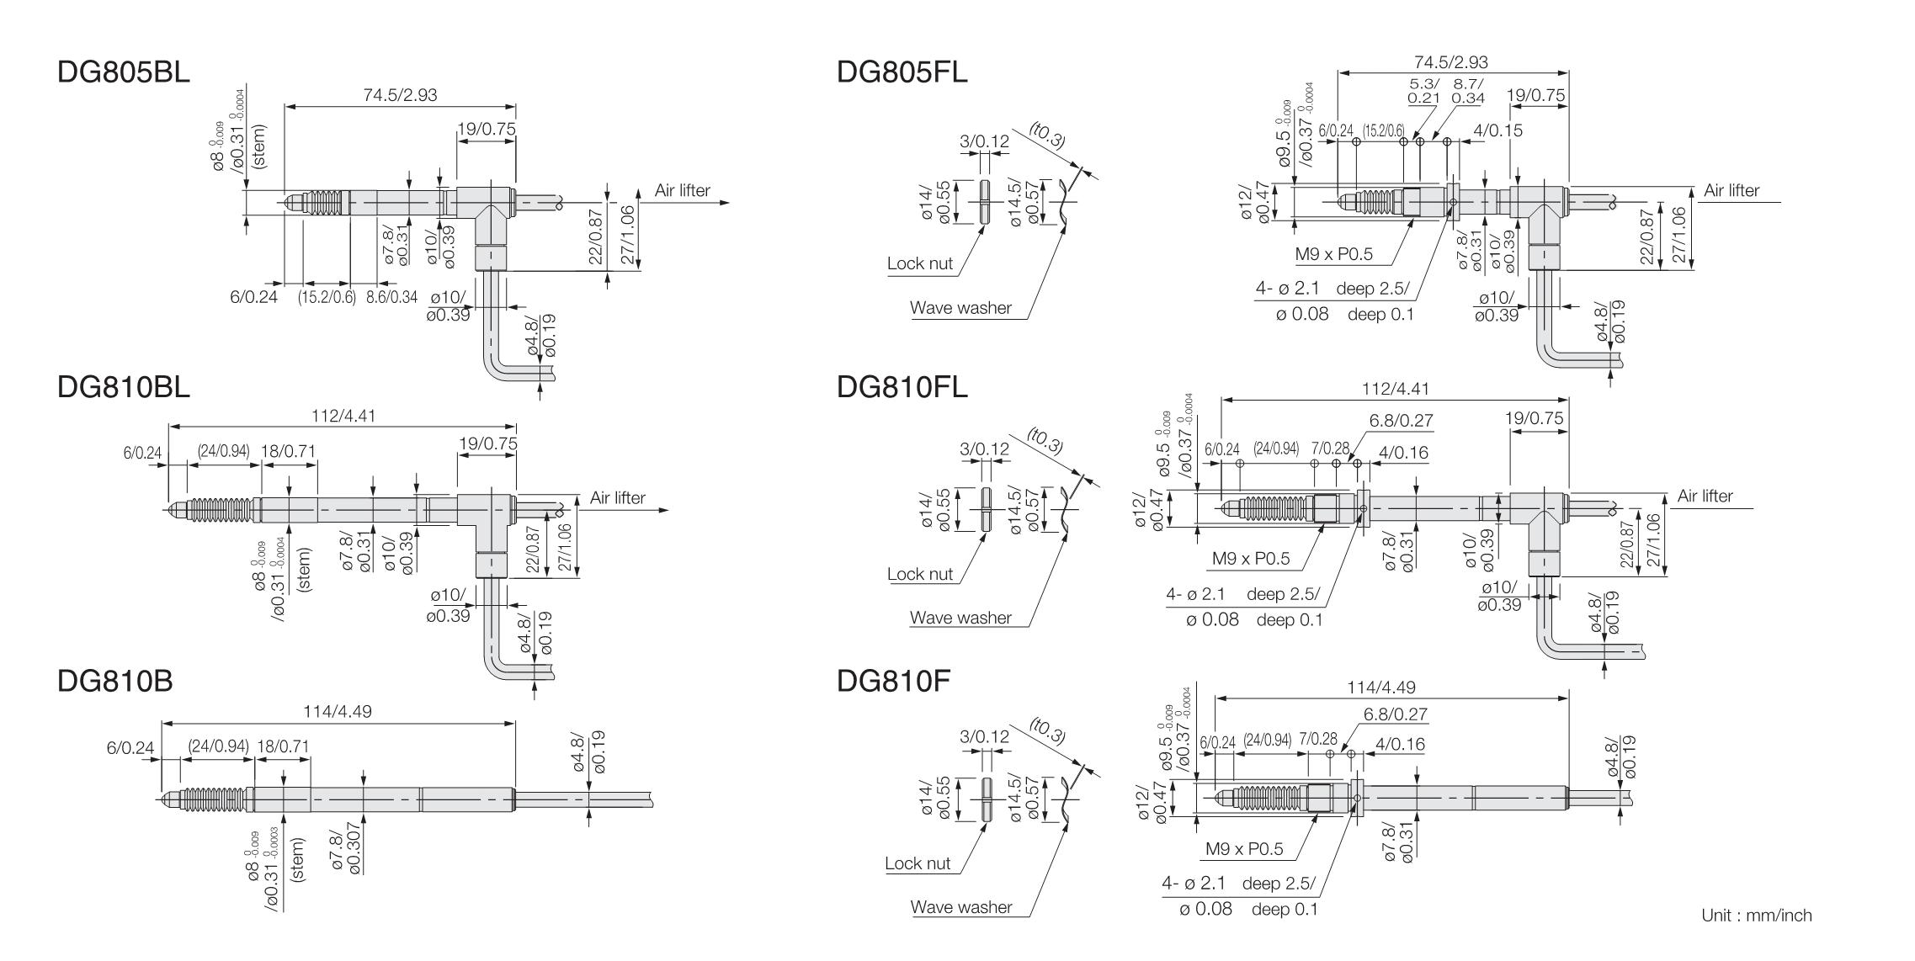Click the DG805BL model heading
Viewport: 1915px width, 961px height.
pyautogui.click(x=124, y=72)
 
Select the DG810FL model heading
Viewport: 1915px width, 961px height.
pyautogui.click(x=902, y=387)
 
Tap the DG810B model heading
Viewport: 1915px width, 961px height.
pyautogui.click(x=115, y=681)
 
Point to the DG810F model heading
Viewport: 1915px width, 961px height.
pyautogui.click(x=894, y=681)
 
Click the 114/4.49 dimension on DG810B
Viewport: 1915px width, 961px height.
pyautogui.click(x=338, y=712)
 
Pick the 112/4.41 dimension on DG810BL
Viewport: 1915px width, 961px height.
pyautogui.click(x=339, y=416)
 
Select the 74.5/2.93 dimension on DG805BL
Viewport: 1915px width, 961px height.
pyautogui.click(x=400, y=95)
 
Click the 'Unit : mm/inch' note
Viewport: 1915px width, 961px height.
pyautogui.click(x=1757, y=916)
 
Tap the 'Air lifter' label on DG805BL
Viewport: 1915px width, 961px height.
pyautogui.click(x=682, y=191)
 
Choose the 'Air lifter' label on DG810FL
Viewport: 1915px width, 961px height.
pyautogui.click(x=1705, y=496)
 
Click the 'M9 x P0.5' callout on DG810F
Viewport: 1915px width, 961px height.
pyautogui.click(x=1244, y=849)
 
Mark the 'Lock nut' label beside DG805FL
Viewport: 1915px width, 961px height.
pyautogui.click(x=920, y=263)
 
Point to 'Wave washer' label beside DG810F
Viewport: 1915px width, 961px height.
pyautogui.click(x=961, y=907)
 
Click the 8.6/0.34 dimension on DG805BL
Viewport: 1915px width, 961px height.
pyautogui.click(x=391, y=297)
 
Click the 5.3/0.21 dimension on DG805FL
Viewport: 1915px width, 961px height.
pyautogui.click(x=1424, y=91)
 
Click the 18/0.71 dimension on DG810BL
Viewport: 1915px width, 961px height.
pyautogui.click(x=288, y=451)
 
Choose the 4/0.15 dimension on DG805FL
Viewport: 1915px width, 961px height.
pyautogui.click(x=1498, y=130)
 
